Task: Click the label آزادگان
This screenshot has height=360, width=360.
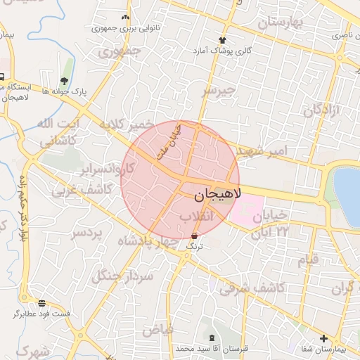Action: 322,110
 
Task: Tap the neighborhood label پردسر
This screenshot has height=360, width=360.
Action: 87,232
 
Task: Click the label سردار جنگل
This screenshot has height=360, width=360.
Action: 122,275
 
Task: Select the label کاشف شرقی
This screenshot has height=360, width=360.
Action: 251,288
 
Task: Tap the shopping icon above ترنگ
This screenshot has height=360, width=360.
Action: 194,236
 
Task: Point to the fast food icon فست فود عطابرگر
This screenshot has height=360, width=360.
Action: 42,303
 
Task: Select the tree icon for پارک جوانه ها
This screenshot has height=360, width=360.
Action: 65,81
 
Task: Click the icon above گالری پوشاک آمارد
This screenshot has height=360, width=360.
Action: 223,40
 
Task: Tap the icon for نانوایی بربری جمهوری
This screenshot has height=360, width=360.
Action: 125,17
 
